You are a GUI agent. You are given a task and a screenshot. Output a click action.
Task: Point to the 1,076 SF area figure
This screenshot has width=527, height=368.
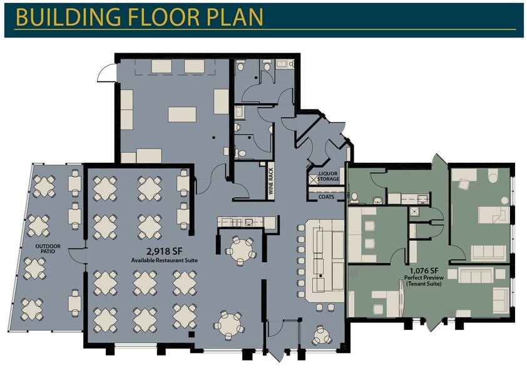click(x=424, y=270)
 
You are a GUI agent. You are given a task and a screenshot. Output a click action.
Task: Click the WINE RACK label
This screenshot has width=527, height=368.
click(x=271, y=181)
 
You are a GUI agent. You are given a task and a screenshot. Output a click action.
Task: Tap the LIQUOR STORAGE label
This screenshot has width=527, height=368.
click(x=329, y=176)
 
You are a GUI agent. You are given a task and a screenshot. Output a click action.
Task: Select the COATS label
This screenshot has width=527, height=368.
click(x=326, y=197)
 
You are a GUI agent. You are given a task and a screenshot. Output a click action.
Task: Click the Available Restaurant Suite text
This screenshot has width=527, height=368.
click(x=165, y=260)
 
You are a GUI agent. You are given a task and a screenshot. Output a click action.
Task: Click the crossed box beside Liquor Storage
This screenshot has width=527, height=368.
click(x=313, y=180)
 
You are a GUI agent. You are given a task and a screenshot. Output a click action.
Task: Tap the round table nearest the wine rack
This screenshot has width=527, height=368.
click(x=240, y=250)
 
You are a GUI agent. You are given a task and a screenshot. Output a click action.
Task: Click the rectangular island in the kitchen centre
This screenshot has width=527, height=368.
click(x=182, y=115)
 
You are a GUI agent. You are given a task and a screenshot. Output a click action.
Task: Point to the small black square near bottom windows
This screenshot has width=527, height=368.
click(x=192, y=334)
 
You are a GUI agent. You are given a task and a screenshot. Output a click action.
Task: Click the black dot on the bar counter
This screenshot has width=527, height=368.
click(x=321, y=276)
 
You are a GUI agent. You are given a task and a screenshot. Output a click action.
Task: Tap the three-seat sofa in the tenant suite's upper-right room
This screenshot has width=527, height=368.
click(x=488, y=253)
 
